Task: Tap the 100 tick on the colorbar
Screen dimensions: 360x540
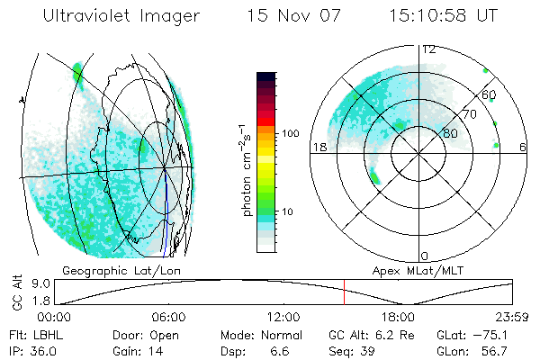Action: pos(291,132)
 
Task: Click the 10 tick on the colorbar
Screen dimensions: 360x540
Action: pos(288,211)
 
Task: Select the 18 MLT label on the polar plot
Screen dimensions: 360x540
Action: pos(318,147)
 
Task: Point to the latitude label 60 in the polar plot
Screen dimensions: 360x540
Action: pos(490,94)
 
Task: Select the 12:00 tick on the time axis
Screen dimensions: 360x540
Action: pos(283,317)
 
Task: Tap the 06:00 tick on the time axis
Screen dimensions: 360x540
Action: pos(168,317)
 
